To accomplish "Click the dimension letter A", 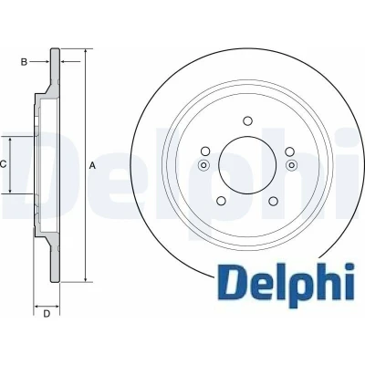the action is [x=92, y=166].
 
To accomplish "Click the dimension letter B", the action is [x=24, y=62].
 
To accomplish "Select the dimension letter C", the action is [x=3, y=164].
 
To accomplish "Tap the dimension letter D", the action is [x=47, y=314].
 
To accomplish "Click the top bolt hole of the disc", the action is [x=248, y=120].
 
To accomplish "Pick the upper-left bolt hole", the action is [x=206, y=151].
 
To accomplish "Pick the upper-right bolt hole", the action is [x=290, y=151].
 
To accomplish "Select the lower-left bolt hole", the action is [x=222, y=201].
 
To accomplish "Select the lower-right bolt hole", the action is [x=274, y=201].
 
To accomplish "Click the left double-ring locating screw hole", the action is [x=203, y=165].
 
